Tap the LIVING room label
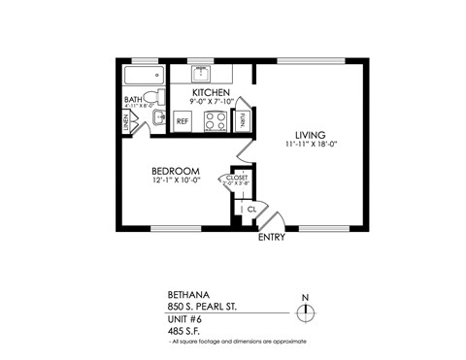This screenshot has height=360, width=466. (x=311, y=134)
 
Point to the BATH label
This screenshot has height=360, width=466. (x=133, y=101)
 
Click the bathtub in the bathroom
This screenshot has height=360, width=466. (x=142, y=77)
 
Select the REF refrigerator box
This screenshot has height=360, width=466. (x=183, y=121)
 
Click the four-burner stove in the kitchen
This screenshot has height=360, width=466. (x=214, y=120)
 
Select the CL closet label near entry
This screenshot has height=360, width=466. (x=251, y=209)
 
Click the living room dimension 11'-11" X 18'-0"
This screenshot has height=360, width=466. (x=311, y=145)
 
